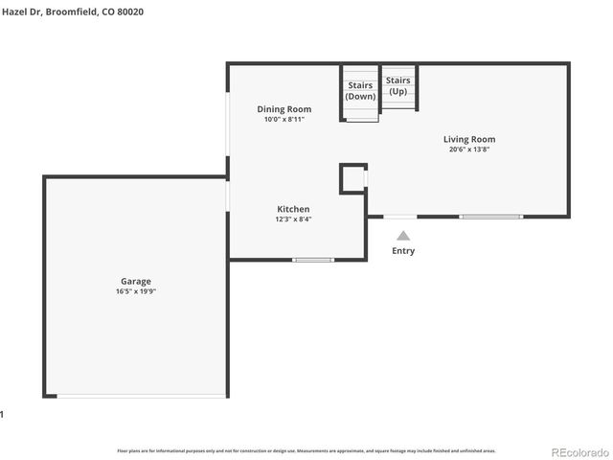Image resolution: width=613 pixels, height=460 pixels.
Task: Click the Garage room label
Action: (x=135, y=281)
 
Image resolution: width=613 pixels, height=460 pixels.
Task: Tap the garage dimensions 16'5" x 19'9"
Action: (x=135, y=290)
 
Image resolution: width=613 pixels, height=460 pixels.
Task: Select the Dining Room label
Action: (x=284, y=109)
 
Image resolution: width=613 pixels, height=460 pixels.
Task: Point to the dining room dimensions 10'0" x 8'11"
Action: (x=284, y=119)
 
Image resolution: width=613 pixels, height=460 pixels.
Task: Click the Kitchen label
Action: (x=293, y=209)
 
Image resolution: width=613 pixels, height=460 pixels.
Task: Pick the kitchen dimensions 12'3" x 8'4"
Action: (x=293, y=218)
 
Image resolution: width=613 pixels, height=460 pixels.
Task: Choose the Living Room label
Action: (x=469, y=139)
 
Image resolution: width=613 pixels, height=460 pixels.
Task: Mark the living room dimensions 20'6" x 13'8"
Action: (x=469, y=149)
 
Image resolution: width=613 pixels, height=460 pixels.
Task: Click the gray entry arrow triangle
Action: (x=403, y=235)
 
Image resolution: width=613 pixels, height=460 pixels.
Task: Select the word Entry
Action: (x=403, y=251)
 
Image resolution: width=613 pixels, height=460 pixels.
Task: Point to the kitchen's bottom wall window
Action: (x=313, y=260)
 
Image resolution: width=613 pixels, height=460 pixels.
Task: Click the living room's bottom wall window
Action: (x=491, y=217)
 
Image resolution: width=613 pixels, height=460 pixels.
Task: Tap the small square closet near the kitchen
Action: (x=353, y=177)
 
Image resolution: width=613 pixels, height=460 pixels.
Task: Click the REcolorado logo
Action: (x=578, y=451)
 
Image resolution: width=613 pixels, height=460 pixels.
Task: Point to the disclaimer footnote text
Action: (x=306, y=449)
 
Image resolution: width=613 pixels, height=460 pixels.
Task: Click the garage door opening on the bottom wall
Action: (x=142, y=397)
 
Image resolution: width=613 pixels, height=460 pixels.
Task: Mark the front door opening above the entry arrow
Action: (x=400, y=217)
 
